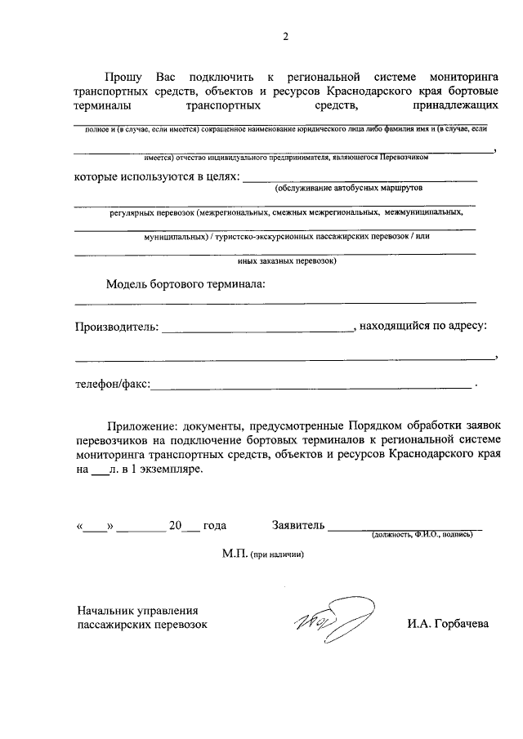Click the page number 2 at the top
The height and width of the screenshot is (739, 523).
click(286, 36)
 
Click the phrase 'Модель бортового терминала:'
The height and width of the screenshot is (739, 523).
click(186, 284)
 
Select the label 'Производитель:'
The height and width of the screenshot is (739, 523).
click(115, 327)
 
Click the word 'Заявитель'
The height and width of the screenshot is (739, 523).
click(298, 525)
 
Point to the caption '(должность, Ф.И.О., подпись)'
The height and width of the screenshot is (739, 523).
click(422, 535)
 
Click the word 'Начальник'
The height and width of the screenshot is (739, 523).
click(107, 610)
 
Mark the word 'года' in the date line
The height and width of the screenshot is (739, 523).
click(214, 526)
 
